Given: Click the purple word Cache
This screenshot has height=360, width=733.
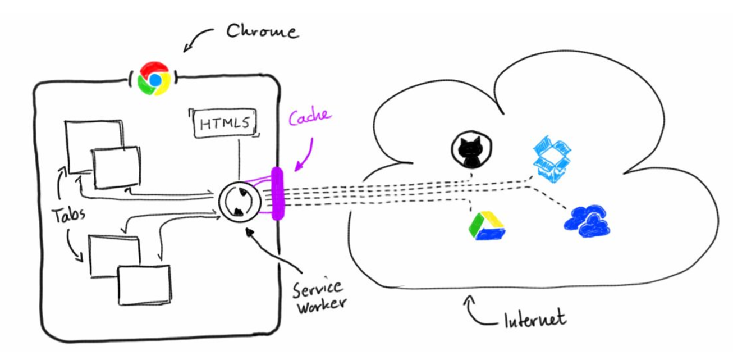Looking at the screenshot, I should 310,118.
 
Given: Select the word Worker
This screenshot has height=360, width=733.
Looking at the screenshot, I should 322,307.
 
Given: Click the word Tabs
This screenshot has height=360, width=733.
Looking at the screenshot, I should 68,215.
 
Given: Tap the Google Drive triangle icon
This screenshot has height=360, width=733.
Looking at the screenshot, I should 486,226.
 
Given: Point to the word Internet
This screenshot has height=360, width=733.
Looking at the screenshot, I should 534,319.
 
